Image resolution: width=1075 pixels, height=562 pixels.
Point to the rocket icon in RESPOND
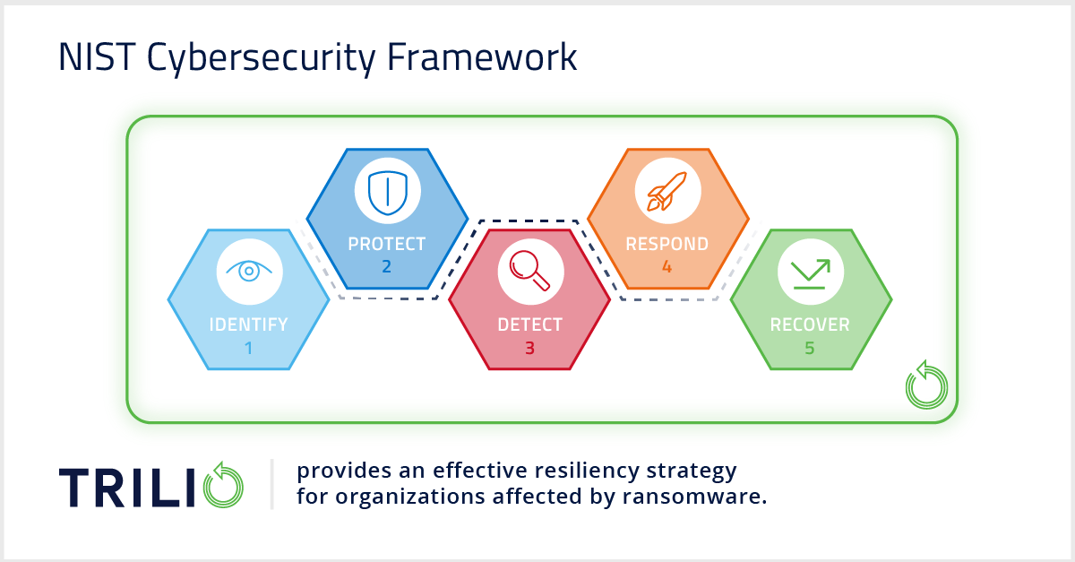click(x=668, y=191)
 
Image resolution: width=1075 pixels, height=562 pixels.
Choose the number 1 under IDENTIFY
click(x=248, y=347)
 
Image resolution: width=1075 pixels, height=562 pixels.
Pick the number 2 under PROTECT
click(x=387, y=266)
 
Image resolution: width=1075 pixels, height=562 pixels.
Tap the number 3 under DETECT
click(x=529, y=347)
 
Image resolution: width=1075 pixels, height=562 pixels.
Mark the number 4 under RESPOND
click(x=666, y=266)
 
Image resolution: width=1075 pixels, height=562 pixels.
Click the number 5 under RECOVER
click(x=810, y=347)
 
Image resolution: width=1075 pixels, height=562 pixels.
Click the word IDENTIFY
click(x=248, y=324)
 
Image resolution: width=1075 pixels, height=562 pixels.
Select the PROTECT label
click(x=387, y=244)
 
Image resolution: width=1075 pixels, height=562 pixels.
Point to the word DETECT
click(x=529, y=324)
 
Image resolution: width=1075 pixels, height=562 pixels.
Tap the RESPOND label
click(x=666, y=244)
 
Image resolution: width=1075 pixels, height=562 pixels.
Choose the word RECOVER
click(x=810, y=324)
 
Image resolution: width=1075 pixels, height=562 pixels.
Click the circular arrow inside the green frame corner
click(x=924, y=385)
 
